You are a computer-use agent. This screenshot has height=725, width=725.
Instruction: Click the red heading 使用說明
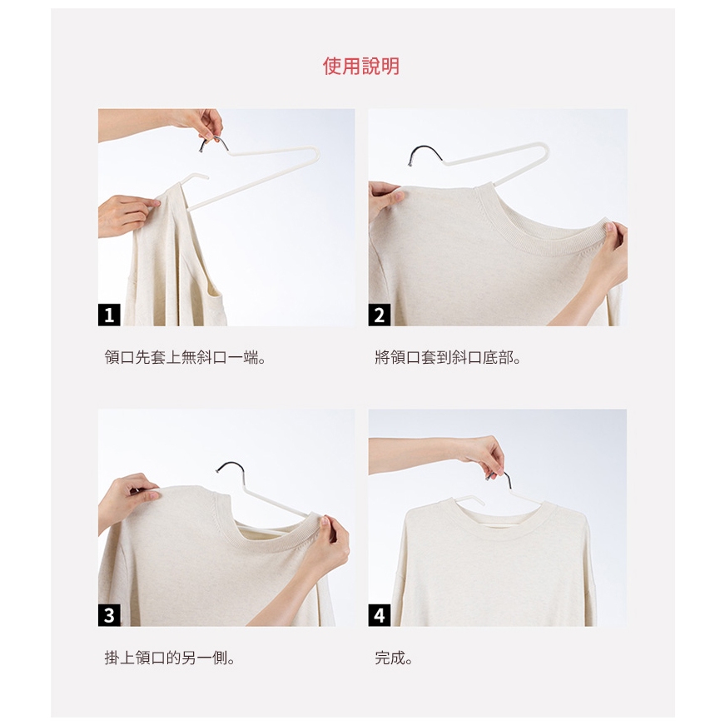(x=360, y=66)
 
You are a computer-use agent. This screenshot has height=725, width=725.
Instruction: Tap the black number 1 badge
(x=109, y=315)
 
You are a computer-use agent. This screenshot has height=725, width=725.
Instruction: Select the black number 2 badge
(x=379, y=315)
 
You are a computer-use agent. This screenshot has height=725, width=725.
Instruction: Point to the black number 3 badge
(x=109, y=615)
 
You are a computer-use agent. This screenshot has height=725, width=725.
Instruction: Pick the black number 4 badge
(x=379, y=615)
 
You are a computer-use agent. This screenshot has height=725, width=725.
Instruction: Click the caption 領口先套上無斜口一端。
(x=186, y=357)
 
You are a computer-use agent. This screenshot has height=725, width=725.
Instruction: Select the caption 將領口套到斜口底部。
(x=448, y=357)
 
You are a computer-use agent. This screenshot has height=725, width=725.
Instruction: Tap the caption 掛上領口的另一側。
(x=170, y=658)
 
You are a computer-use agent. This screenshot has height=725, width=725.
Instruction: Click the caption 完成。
(x=394, y=658)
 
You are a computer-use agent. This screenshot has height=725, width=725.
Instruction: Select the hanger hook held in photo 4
(x=503, y=479)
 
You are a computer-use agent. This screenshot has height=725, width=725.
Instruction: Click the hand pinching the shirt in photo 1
(x=125, y=215)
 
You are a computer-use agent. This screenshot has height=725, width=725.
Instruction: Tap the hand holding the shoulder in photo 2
(x=384, y=200)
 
